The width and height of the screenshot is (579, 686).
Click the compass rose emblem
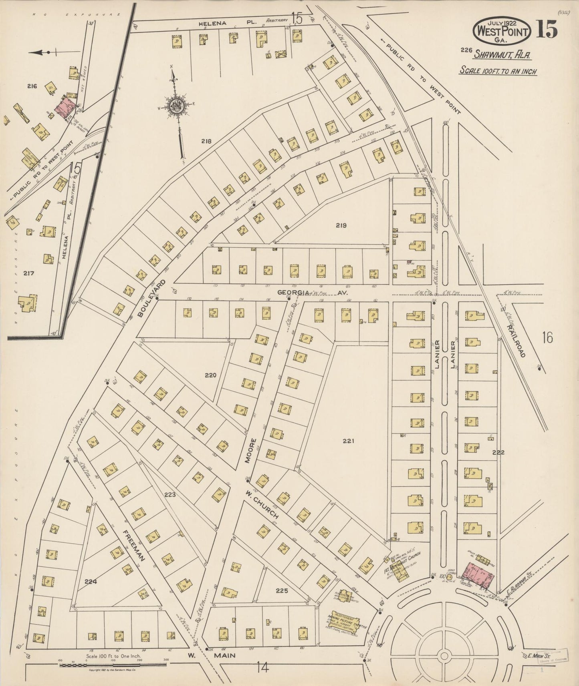(177, 106)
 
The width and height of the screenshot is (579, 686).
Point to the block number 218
(206, 141)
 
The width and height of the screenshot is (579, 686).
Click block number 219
(341, 225)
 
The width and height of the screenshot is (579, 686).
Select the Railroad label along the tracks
(516, 341)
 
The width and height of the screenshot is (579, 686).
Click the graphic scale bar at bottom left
(113, 665)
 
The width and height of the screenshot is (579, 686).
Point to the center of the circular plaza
(444, 655)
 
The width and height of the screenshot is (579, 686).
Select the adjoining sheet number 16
(547, 338)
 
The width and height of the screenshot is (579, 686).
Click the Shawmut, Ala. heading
(502, 55)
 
